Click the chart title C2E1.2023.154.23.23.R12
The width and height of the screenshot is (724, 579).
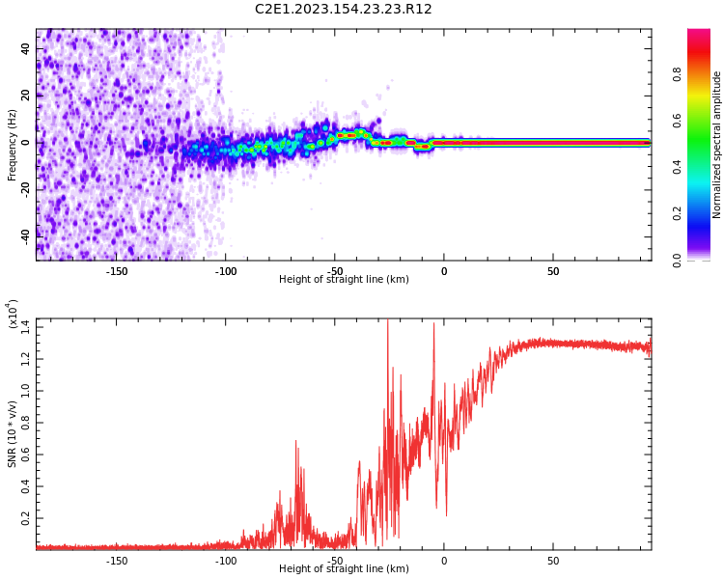(344, 10)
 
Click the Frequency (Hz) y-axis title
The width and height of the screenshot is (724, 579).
(13, 145)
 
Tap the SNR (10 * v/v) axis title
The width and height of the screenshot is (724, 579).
(13, 434)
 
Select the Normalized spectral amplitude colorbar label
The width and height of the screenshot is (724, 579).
(717, 145)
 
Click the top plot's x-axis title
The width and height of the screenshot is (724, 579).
(344, 280)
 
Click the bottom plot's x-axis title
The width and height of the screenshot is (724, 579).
(344, 569)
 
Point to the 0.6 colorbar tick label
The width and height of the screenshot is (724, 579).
(678, 121)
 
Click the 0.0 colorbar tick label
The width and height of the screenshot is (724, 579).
(678, 260)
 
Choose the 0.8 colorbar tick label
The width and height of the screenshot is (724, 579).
(678, 74)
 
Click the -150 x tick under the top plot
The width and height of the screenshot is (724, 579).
(116, 271)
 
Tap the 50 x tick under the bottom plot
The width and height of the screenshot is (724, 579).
(553, 561)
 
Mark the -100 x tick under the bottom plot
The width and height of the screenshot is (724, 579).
(225, 561)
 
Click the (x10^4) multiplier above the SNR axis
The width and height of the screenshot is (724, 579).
(14, 315)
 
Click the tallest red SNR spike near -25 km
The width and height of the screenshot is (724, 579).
(388, 324)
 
